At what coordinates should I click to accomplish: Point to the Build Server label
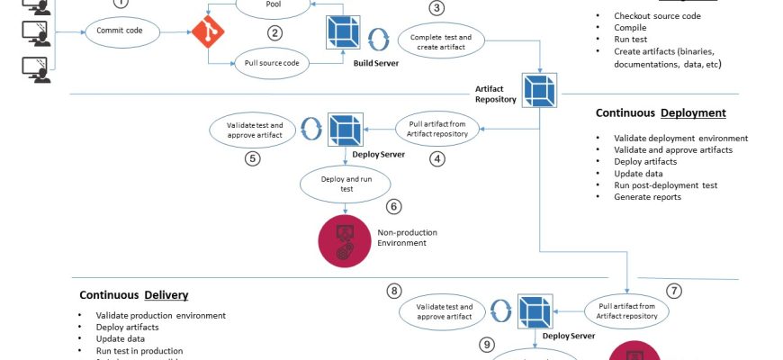[x=375, y=63]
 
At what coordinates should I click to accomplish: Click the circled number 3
[x=436, y=9]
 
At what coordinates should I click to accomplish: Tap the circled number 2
[x=274, y=33]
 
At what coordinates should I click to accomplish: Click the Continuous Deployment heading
[x=661, y=113]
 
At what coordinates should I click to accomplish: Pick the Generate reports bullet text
[x=647, y=197]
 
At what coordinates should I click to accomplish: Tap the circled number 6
[x=393, y=206]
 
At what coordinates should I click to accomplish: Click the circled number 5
[x=253, y=159]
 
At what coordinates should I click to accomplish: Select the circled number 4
[x=437, y=159]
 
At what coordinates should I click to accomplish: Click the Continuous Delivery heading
[x=133, y=294]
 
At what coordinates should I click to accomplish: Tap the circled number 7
[x=674, y=291]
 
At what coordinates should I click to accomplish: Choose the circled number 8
[x=393, y=291]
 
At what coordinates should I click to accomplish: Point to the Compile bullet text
[x=630, y=28]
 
